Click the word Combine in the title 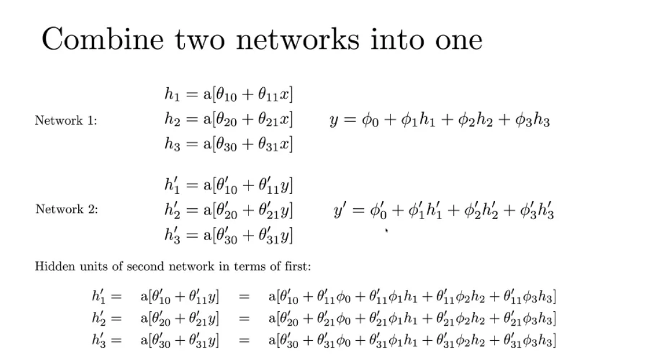point(102,40)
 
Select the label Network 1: point(66,120)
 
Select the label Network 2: point(66,209)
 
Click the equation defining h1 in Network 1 point(229,95)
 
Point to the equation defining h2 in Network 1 point(229,120)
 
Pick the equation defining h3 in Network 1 point(229,145)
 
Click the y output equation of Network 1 point(439,120)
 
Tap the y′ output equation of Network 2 point(443,211)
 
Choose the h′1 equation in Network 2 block point(229,185)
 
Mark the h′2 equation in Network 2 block point(229,210)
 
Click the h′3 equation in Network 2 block point(229,235)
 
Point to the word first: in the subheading point(296,265)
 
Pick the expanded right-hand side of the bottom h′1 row point(412,297)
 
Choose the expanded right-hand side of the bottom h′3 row point(412,341)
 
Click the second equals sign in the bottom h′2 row point(244,319)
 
